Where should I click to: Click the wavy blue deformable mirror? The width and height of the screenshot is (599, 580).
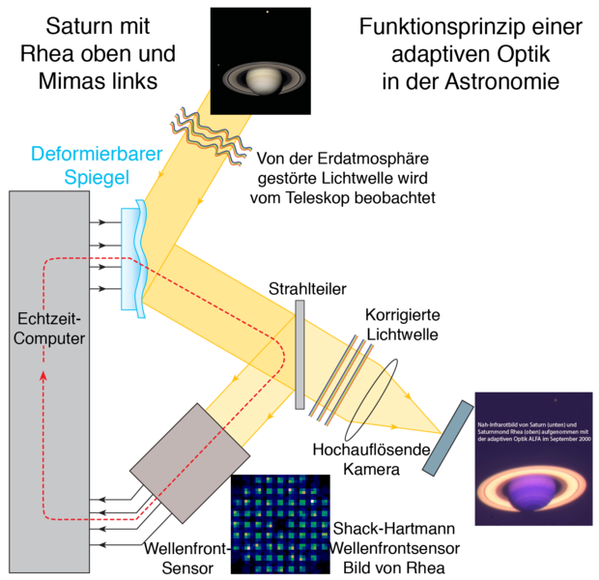tap(133, 257)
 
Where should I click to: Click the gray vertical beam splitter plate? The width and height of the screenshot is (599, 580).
tap(299, 353)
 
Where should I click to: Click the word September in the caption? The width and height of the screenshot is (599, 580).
tap(555, 440)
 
